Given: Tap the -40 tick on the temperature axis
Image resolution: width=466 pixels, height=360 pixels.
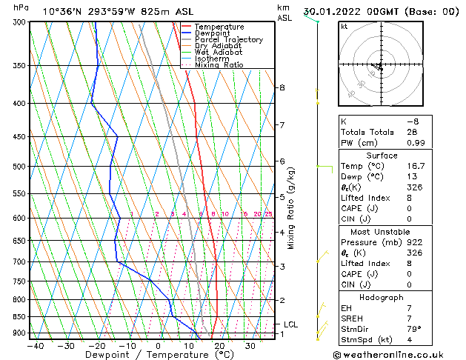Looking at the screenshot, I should [x=34, y=345].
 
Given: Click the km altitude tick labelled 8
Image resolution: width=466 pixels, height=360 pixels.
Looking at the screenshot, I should [x=282, y=87].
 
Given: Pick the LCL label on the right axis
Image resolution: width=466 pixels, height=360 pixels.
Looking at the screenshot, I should [x=290, y=324].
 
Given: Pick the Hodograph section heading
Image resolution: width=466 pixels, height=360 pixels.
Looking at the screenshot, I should [x=382, y=297].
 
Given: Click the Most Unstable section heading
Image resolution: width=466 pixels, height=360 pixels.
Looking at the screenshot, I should [x=382, y=231].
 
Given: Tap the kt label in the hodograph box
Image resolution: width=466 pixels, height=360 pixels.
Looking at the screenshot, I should [x=344, y=26].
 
